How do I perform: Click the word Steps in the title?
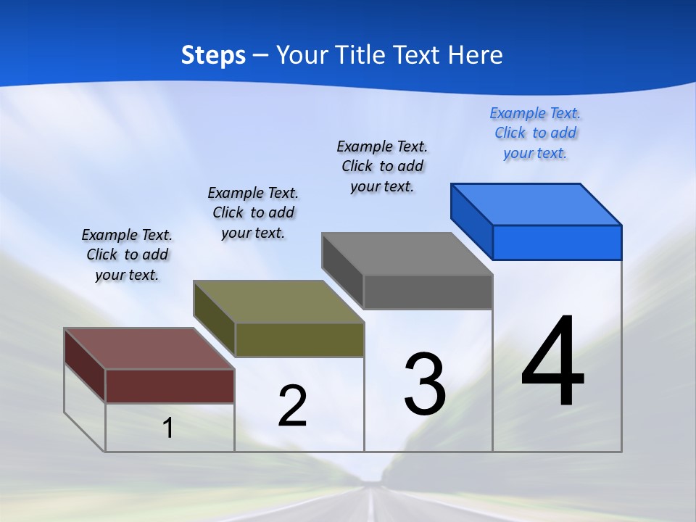tap(213, 55)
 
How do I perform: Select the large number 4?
tap(552, 362)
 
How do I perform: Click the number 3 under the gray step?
tap(425, 384)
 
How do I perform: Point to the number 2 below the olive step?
tap(292, 405)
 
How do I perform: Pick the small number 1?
tap(168, 428)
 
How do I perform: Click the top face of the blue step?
tap(535, 204)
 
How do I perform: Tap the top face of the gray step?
tap(407, 254)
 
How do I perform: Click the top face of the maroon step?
tap(149, 349)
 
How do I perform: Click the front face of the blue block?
tap(557, 242)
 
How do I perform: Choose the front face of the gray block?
tap(428, 291)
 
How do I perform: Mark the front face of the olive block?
tap(299, 339)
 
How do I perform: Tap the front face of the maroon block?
tap(170, 386)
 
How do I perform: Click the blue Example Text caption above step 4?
tap(535, 133)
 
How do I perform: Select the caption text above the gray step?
tap(382, 166)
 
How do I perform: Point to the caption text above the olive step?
tap(253, 212)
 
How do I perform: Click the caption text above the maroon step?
tap(127, 254)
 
